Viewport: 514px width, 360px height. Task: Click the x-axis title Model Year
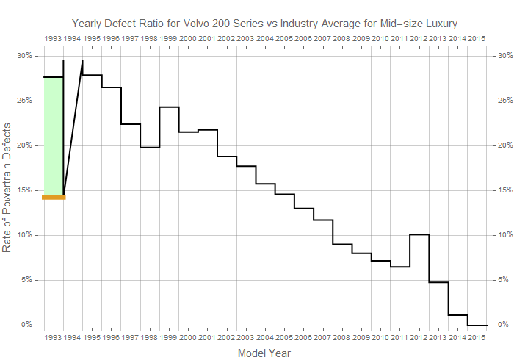coord(264,353)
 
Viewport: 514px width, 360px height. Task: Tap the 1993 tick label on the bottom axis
coord(54,338)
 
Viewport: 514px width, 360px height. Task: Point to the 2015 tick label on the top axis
coord(476,37)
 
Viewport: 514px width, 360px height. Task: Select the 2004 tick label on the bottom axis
coord(265,338)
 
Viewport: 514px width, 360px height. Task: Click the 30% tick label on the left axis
coord(24,56)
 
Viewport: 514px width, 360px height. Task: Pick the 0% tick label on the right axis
coord(504,325)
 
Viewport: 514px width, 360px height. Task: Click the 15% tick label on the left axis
coord(24,190)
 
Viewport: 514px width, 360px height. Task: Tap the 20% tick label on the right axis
coord(506,145)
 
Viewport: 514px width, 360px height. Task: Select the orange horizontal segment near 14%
coord(54,197)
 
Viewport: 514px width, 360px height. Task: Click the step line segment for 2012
coord(419,234)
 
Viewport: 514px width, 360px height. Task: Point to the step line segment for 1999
coord(169,107)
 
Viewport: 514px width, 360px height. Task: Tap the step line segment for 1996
coord(112,87)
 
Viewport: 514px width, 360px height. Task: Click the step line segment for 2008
coord(342,244)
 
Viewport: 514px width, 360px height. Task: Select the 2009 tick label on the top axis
coord(361,37)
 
